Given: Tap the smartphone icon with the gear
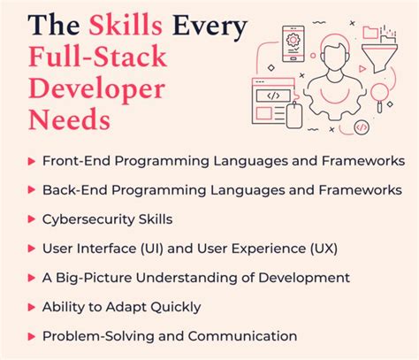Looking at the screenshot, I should (294, 42).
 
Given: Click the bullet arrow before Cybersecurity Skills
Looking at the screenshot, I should (32, 219).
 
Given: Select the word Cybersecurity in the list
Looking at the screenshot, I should (87, 218).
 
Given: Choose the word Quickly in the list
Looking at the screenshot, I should (176, 307).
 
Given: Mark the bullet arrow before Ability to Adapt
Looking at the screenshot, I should (32, 307).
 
